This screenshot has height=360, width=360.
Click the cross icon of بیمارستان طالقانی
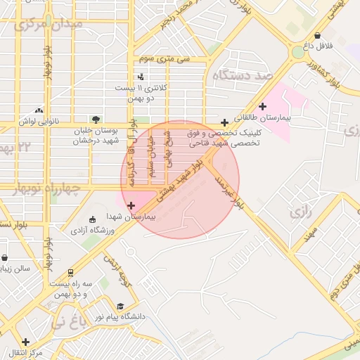tap(263, 107)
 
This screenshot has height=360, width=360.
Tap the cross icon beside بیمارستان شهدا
tap(131, 205)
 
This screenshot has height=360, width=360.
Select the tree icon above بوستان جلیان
tap(96, 119)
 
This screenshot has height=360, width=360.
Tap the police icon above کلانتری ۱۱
tap(141, 76)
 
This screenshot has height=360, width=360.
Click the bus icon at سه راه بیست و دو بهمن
tap(70, 272)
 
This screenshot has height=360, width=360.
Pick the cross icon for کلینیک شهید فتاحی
tap(224, 122)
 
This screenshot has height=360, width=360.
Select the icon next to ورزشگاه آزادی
tap(93, 220)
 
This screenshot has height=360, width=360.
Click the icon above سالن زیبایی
tap(5, 257)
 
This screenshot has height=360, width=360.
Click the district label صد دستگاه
tap(242, 75)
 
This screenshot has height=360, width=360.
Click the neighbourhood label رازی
tap(300, 211)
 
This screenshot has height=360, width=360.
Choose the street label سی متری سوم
tap(165, 60)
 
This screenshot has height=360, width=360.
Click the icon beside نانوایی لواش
tap(38, 110)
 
